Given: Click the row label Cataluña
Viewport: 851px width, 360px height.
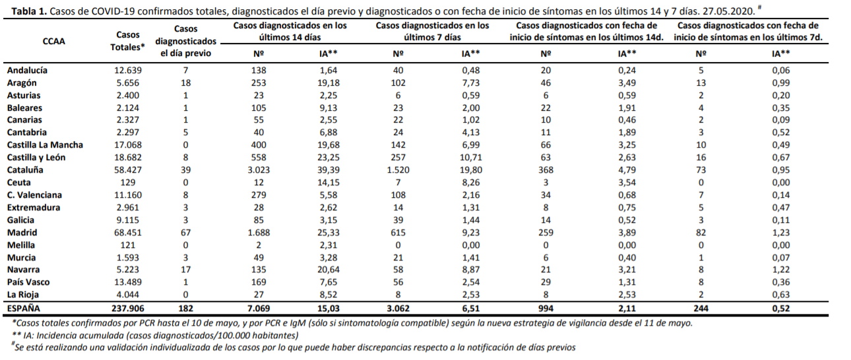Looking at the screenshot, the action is click(25, 169).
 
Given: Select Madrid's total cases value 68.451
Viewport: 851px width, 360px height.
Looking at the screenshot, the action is click(128, 232).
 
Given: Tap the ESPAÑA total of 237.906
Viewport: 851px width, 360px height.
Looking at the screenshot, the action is click(128, 309).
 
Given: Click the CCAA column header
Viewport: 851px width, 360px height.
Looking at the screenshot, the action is click(53, 41).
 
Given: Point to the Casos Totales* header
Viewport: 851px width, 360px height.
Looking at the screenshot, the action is click(128, 41).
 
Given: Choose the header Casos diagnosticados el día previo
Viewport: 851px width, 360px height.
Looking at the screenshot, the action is click(185, 41).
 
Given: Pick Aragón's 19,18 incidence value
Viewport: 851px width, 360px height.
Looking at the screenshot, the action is click(329, 83).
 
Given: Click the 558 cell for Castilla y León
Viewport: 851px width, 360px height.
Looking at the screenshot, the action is click(259, 157).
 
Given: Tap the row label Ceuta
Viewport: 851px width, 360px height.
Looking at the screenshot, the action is click(18, 182).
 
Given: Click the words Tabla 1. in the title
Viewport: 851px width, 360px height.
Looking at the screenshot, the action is click(29, 11).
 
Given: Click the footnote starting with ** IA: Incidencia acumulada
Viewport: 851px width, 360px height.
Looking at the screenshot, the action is click(156, 336).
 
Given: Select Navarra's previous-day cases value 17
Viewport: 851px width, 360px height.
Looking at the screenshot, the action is click(185, 270).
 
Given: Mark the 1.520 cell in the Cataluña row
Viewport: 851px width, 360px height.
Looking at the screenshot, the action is click(398, 169).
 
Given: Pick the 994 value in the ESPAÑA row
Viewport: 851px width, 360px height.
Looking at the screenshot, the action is click(546, 309).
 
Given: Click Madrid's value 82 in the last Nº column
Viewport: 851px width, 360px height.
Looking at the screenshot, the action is click(701, 232).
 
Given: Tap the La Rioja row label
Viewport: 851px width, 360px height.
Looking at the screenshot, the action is click(23, 295).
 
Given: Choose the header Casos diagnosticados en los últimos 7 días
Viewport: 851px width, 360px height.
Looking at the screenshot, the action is click(432, 32).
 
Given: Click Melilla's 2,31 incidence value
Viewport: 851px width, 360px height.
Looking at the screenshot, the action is click(329, 245).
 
